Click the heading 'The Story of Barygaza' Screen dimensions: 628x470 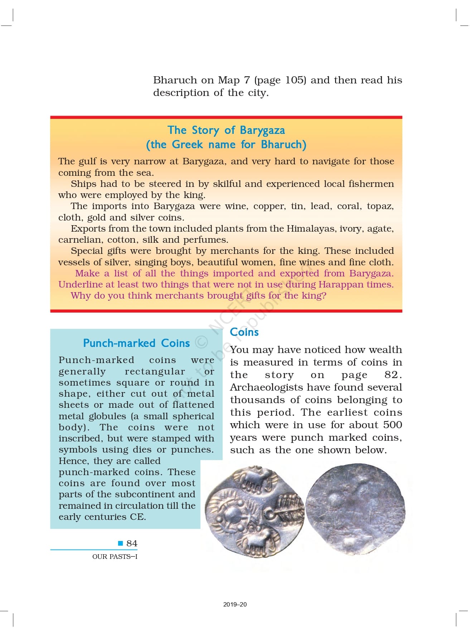pyautogui.click(x=226, y=130)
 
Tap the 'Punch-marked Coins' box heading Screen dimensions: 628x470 pyautogui.click(x=136, y=343)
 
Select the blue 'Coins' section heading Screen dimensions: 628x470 pyautogui.click(x=244, y=332)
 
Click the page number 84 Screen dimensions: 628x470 pyautogui.click(x=132, y=543)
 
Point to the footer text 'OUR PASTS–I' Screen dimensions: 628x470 pyautogui.click(x=115, y=556)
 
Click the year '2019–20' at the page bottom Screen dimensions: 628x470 pyautogui.click(x=235, y=604)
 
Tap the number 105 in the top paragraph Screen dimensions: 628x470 pyautogui.click(x=296, y=80)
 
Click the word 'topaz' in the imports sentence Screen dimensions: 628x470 pyautogui.click(x=380, y=206)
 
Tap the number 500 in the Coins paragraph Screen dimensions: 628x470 pyautogui.click(x=392, y=425)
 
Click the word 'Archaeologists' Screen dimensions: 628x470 pyautogui.click(x=265, y=387)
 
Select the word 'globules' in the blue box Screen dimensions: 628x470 pyautogui.click(x=107, y=416)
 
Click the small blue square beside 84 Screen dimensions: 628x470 pyautogui.click(x=121, y=543)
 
